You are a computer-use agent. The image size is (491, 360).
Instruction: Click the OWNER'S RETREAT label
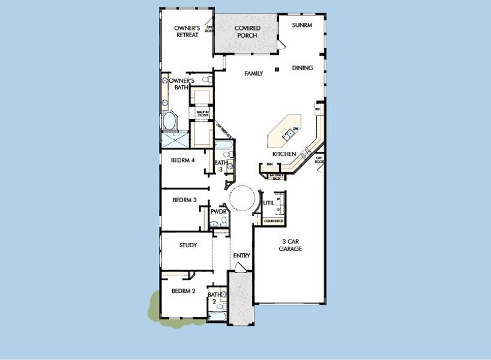[x=187, y=31]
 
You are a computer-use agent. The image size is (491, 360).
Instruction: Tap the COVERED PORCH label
[x=246, y=32]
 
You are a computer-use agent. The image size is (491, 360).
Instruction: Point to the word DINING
[x=303, y=68]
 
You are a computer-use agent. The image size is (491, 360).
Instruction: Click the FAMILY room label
[x=253, y=73]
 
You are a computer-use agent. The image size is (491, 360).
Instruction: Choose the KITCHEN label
[x=284, y=154]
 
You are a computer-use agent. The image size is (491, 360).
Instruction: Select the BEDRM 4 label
[x=183, y=160]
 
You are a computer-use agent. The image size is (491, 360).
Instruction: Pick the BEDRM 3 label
[x=184, y=200]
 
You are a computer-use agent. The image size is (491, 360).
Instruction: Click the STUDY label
[x=188, y=245]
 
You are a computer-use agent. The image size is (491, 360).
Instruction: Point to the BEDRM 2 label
[x=183, y=291]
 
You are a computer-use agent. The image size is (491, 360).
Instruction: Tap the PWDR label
[x=217, y=212]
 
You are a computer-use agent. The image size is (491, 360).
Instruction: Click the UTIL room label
[x=268, y=203]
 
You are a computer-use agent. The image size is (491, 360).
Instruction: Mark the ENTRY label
[x=241, y=256]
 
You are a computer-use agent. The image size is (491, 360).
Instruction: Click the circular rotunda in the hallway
[x=243, y=197]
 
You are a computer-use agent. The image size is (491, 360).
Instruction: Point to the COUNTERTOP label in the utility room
[x=274, y=221]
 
